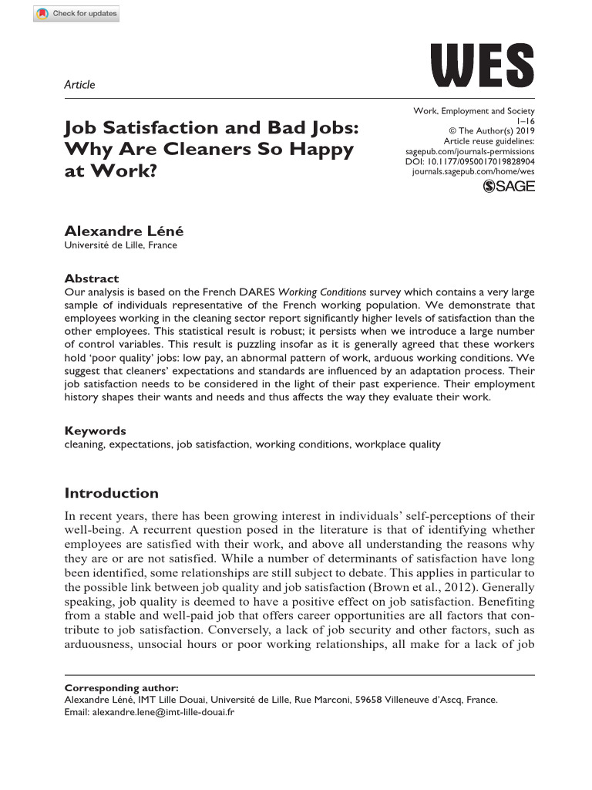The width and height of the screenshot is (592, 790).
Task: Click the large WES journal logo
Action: tap(482, 65)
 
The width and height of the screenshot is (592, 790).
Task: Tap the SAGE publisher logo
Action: tap(509, 186)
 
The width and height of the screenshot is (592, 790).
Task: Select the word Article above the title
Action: tap(79, 85)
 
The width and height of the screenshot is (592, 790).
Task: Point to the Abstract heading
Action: tap(92, 279)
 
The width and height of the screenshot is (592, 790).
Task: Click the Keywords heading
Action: tap(95, 431)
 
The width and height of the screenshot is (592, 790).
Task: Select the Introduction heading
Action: tap(112, 493)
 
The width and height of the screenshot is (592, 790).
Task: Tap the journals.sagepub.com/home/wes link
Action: tap(473, 173)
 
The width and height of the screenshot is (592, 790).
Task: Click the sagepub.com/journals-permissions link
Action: tap(469, 152)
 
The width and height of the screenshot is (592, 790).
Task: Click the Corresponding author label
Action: tap(121, 687)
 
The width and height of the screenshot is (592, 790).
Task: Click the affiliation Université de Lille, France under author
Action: tap(120, 245)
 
